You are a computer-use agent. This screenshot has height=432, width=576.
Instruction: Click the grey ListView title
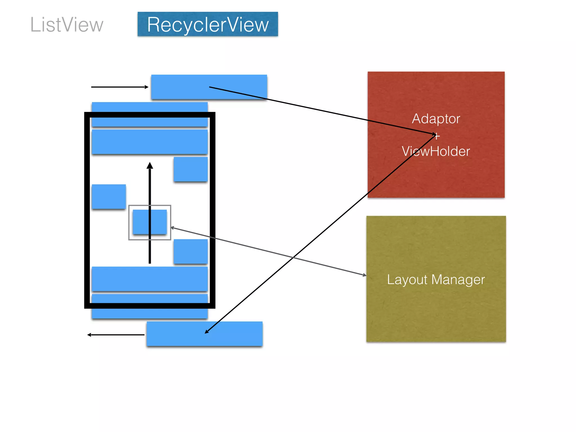[67, 25]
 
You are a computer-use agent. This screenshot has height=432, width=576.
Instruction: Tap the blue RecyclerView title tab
[208, 24]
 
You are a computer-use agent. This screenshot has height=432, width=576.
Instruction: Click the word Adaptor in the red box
[436, 118]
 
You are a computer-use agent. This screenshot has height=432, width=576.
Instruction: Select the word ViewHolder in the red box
[436, 151]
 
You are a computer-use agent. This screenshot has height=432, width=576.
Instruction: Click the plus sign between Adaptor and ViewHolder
[437, 136]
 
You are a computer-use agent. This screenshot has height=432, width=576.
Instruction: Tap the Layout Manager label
[436, 280]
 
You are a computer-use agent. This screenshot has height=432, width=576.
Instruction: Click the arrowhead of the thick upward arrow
[150, 166]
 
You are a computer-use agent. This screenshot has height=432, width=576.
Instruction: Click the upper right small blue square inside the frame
[190, 169]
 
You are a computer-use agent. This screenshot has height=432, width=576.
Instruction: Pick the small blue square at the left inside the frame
[109, 196]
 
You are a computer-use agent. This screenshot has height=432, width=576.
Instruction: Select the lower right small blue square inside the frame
[190, 251]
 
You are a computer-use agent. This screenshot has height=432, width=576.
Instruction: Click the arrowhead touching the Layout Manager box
[364, 275]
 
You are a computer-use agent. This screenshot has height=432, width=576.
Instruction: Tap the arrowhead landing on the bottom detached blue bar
[207, 332]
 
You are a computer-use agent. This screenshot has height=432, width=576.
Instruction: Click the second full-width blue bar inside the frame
[150, 141]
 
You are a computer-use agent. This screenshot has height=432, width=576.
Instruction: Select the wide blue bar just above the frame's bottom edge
[150, 279]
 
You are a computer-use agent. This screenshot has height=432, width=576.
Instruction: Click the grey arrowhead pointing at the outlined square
[172, 228]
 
